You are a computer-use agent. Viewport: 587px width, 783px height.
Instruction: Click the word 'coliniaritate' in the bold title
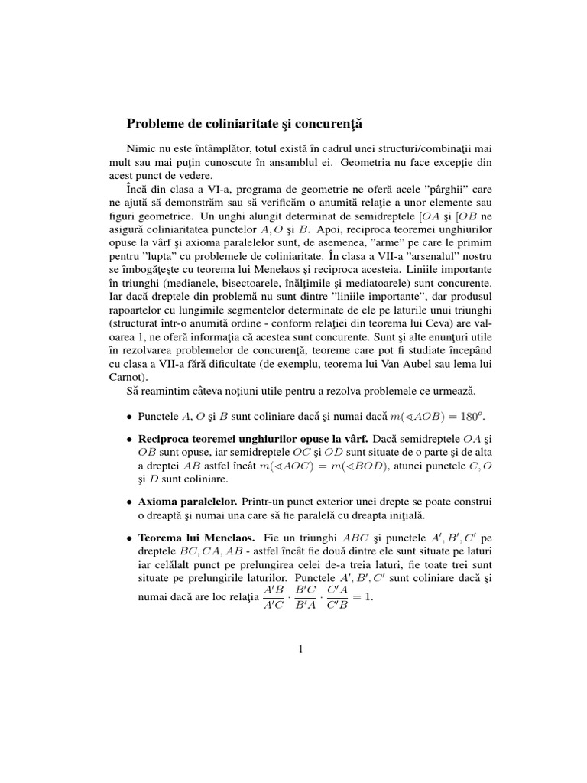click(x=227, y=122)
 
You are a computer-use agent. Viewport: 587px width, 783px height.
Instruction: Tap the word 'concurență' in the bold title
click(x=319, y=122)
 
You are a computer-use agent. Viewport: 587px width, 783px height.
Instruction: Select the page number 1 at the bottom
click(x=301, y=650)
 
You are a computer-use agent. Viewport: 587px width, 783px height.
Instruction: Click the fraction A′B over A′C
click(x=273, y=598)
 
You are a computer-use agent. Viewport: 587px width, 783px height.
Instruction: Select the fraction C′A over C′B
click(x=338, y=598)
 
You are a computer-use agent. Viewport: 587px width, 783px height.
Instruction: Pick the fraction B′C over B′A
click(x=306, y=598)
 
